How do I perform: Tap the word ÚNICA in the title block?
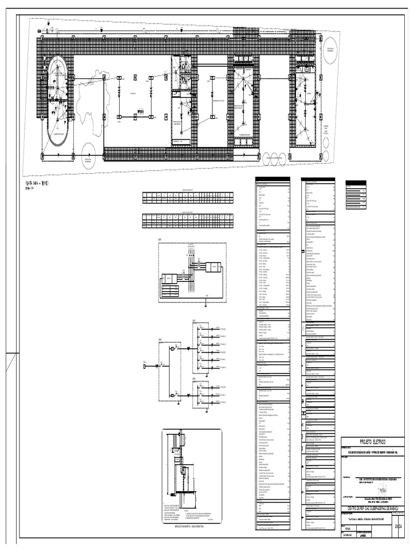398,525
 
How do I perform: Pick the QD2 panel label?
194,379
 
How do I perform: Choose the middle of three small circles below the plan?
274,158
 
